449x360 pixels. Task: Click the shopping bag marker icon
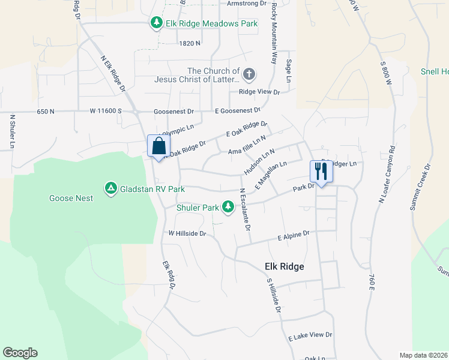(158, 146)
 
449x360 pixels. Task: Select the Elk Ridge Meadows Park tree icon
(157, 23)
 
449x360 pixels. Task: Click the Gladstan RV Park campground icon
(111, 188)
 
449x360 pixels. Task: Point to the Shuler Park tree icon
(228, 207)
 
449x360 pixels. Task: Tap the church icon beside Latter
(249, 74)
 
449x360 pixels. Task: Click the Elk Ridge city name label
(285, 266)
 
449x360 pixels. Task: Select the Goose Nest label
(71, 198)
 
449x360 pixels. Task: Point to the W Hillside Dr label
(187, 233)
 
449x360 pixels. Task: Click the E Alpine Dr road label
(293, 235)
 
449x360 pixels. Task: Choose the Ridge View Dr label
(259, 92)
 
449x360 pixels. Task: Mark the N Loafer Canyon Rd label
(386, 175)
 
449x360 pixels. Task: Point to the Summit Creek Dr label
(420, 187)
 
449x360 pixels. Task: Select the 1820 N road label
(189, 43)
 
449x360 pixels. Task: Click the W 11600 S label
(106, 111)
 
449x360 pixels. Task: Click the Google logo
(20, 353)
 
